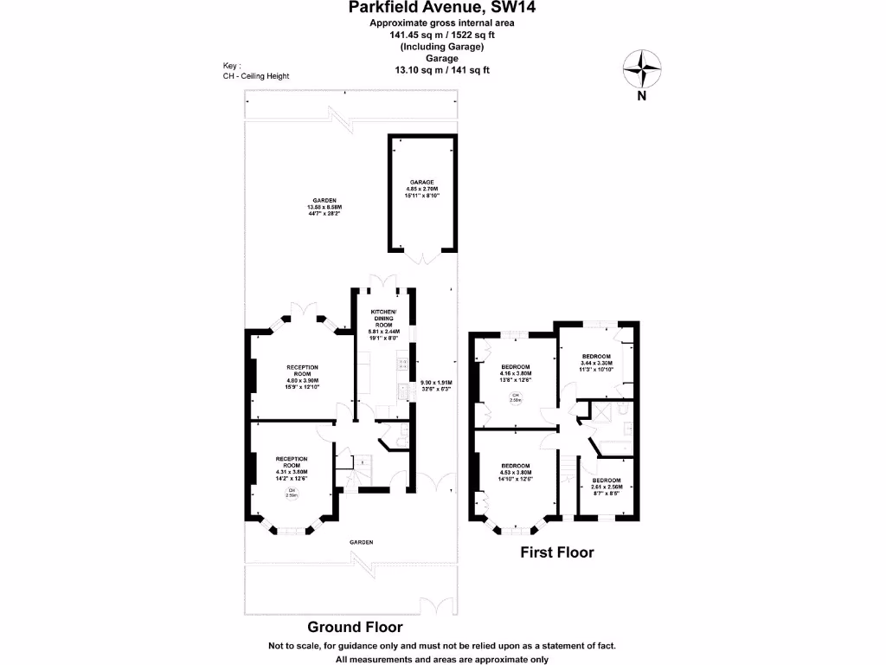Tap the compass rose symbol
[x=642, y=70]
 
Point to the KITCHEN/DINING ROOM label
[x=383, y=325]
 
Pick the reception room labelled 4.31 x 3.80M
[x=291, y=467]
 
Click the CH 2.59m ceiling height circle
[x=292, y=494]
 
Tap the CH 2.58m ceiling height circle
[x=515, y=399]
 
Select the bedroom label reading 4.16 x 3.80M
[x=516, y=373]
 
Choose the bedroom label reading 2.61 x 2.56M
[x=606, y=487]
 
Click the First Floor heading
[x=556, y=552]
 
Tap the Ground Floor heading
[x=355, y=627]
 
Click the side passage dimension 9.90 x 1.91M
[x=436, y=385]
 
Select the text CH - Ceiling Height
[x=256, y=76]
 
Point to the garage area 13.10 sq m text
[x=442, y=70]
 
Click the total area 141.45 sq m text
[x=442, y=36]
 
